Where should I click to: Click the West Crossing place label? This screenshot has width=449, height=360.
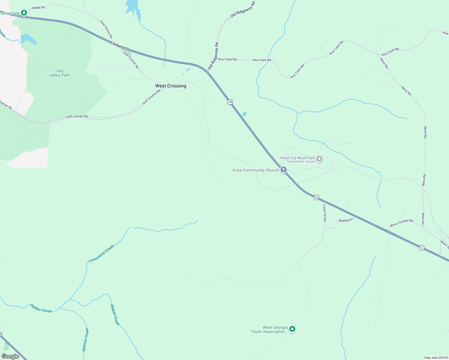tap(170, 86)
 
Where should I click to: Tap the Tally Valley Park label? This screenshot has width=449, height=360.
tap(59, 73)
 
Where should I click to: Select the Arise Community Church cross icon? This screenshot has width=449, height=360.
tap(284, 170)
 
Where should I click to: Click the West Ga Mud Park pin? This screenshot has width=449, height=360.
tap(319, 159)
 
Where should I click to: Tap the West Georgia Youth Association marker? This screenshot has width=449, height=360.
tap(292, 329)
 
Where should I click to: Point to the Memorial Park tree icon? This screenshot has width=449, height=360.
tap(24, 13)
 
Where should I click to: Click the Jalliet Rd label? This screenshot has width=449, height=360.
tap(38, 7)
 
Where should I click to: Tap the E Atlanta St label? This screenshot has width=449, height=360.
tap(119, 46)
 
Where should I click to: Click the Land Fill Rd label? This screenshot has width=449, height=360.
tap(324, 213)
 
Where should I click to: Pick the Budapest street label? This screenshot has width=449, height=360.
tap(346, 220)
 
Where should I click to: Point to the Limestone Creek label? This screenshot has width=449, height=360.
tap(101, 254)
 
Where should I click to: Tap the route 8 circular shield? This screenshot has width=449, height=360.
tap(422, 248)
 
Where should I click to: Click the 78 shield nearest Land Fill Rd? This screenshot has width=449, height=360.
tap(316, 197)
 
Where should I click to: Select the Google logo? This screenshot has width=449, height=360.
tap(10, 356)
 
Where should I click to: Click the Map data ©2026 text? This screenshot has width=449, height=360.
tap(436, 358)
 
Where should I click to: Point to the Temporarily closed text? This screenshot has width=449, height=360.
tap(300, 162)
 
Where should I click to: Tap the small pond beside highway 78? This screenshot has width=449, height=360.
tap(244, 114)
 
